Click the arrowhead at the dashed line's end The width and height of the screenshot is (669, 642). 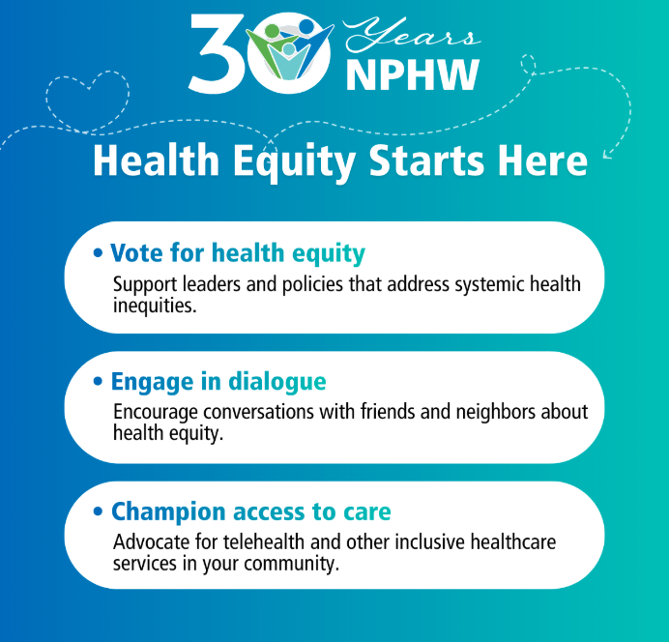point(607,153)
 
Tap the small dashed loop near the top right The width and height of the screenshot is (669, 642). point(530,64)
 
